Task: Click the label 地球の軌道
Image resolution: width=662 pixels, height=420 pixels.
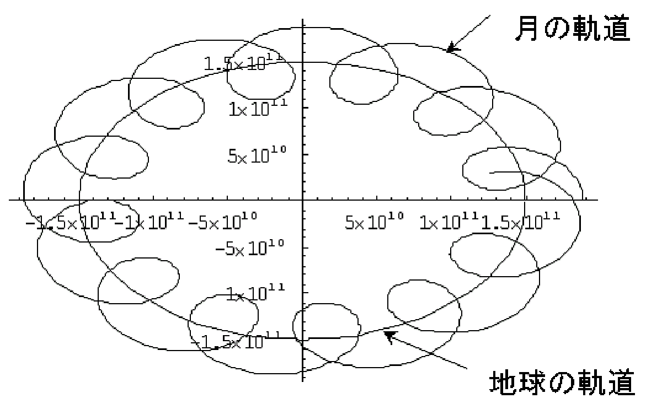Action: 562,383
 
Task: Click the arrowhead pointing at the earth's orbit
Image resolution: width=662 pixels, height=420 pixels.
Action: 389,335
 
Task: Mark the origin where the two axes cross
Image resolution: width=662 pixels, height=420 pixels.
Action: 303,199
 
